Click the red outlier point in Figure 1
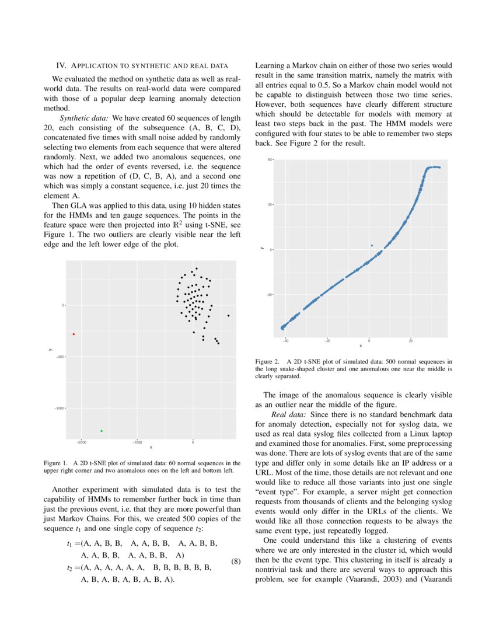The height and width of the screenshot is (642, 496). click(74, 334)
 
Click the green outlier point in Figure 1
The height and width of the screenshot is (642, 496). click(102, 431)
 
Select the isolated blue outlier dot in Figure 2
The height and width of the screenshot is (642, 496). click(372, 246)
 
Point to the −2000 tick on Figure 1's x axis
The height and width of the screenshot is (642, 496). click(82, 442)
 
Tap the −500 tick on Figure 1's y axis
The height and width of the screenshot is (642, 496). click(58, 357)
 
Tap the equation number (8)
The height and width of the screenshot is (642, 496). click(236, 561)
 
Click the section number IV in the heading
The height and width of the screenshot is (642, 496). click(60, 64)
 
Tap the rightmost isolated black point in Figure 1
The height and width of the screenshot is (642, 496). click(228, 315)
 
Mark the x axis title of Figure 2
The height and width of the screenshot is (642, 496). click(360, 346)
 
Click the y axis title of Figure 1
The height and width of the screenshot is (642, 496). click(51, 349)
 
